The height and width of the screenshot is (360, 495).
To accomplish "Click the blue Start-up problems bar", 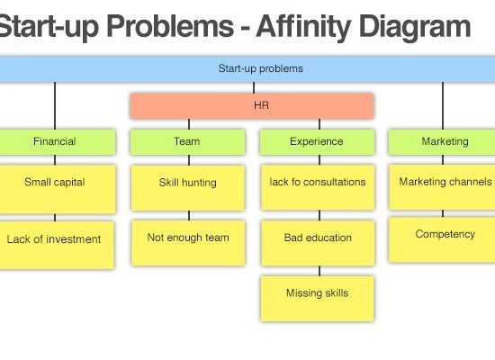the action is (x=247, y=69).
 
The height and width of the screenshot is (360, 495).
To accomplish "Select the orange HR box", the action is (x=252, y=106).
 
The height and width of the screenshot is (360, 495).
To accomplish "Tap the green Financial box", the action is (x=58, y=142).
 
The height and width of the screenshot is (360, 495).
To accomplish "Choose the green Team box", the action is (x=187, y=142).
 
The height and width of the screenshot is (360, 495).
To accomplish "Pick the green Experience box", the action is (x=318, y=142).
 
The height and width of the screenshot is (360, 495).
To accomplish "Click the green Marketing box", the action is (x=442, y=142).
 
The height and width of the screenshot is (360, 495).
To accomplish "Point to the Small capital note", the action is (x=58, y=189).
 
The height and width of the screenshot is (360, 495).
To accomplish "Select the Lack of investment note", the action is (x=57, y=245).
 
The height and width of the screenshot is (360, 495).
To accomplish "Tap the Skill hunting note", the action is (x=188, y=188).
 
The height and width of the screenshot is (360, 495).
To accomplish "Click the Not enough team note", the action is (x=188, y=243).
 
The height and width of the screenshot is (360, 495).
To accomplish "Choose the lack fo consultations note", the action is (x=318, y=187).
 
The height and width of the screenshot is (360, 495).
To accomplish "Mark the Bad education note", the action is (x=319, y=243).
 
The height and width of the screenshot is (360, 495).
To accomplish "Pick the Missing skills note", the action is (x=318, y=299).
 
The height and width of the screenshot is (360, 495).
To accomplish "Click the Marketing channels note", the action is (x=442, y=187).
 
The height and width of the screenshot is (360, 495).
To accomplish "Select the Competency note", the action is (x=442, y=239).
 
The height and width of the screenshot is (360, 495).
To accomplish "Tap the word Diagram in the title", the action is (x=415, y=28).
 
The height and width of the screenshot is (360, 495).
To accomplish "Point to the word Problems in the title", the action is (x=170, y=26).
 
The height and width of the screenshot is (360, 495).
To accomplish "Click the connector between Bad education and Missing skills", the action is (x=319, y=271).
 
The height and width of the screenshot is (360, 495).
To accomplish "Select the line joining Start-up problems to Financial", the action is (x=55, y=105).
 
